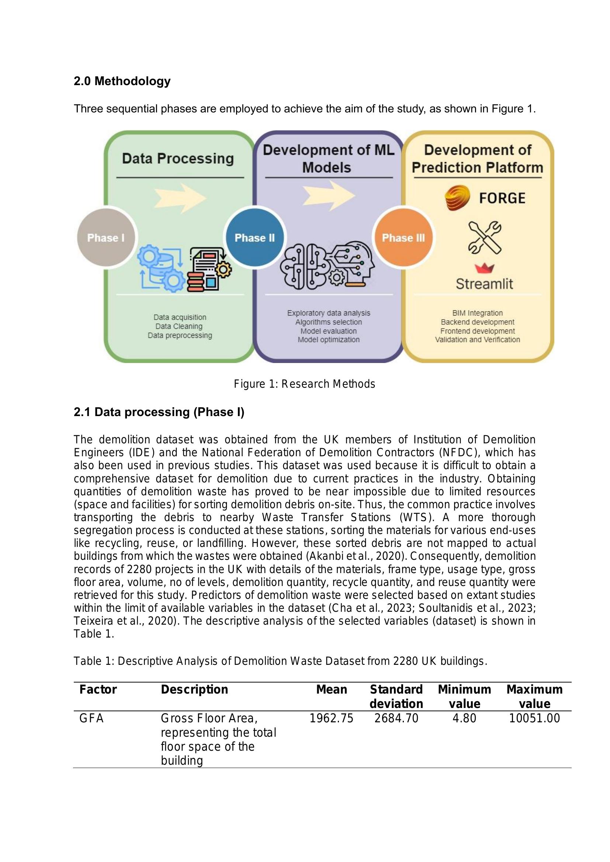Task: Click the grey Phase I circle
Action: click(106, 238)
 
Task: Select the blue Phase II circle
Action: click(255, 238)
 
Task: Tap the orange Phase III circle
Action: click(403, 238)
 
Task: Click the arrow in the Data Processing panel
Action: click(180, 198)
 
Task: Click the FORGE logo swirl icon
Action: click(457, 198)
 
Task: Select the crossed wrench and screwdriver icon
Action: click(485, 237)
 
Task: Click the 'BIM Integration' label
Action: click(477, 313)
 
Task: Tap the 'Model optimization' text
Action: click(329, 340)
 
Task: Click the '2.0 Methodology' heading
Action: click(122, 81)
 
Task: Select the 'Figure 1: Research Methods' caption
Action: click(304, 384)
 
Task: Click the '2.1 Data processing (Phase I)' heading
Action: click(159, 412)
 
